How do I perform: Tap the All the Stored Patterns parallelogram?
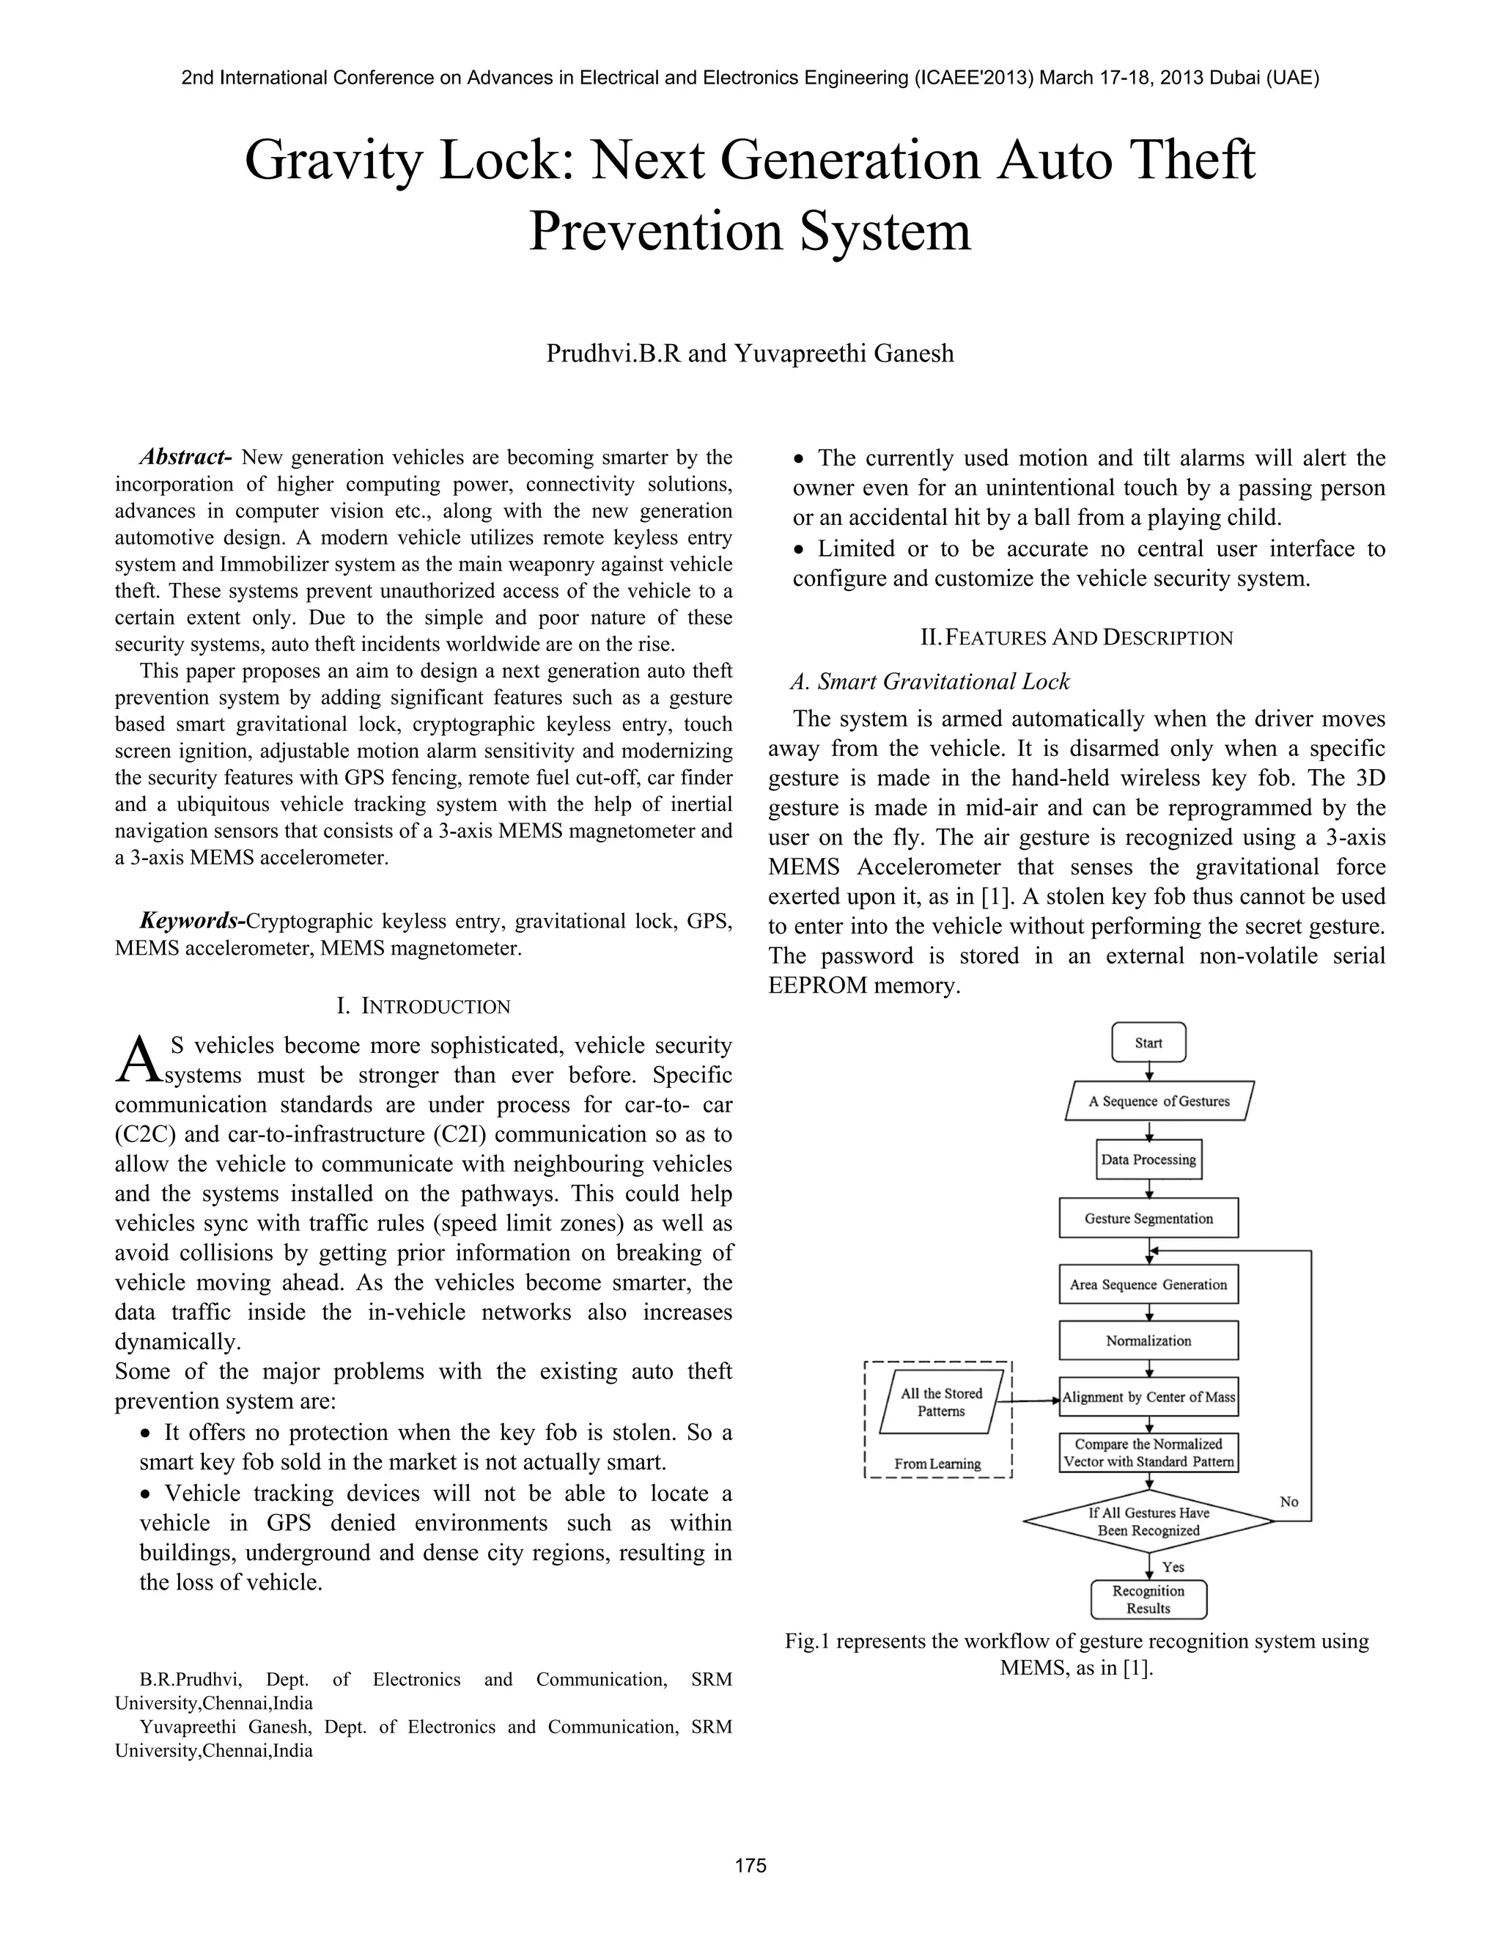[941, 1402]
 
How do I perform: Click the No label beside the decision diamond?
[1288, 1501]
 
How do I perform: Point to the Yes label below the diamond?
[1173, 1567]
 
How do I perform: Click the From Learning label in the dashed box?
[937, 1463]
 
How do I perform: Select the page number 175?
[750, 1865]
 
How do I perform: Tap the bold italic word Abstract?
[185, 458]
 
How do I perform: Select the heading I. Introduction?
[424, 1006]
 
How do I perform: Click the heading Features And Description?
[1076, 637]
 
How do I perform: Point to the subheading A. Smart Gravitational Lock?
[929, 681]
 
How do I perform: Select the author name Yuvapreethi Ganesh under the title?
[843, 353]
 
